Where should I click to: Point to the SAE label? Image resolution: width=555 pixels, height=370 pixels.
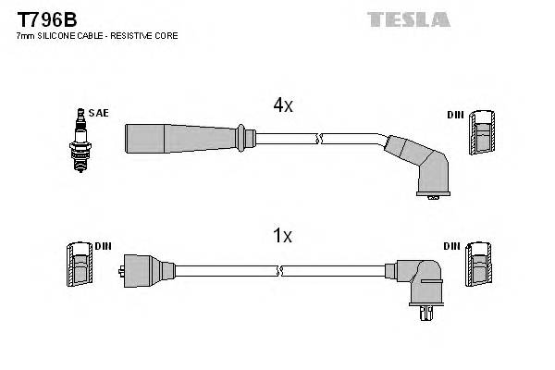coord(99,113)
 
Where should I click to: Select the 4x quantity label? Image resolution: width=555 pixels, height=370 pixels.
coord(282,105)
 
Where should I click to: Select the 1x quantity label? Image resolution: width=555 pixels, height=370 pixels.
coord(282,236)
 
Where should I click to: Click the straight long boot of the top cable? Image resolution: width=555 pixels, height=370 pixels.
coord(180,139)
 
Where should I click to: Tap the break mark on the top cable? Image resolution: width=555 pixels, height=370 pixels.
coord(319,140)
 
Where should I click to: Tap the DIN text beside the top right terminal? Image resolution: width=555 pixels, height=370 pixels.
coord(454,115)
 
